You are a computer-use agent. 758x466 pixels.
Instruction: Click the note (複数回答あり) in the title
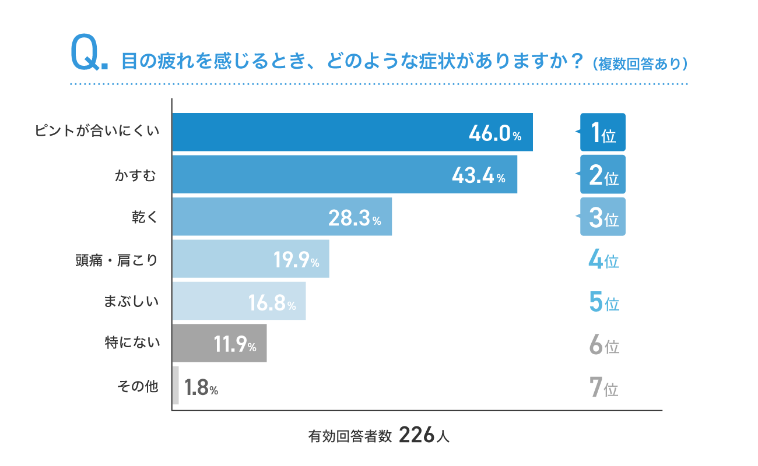640,63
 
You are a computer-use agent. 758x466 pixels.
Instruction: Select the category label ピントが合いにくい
97,132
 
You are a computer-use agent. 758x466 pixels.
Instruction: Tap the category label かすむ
135,175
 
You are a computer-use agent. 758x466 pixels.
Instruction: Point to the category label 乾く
145,217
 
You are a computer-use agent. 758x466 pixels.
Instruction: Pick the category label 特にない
131,344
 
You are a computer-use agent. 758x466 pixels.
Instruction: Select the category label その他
138,386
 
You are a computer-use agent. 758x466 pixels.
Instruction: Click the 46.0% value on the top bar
494,133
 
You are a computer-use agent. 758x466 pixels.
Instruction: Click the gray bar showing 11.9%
219,343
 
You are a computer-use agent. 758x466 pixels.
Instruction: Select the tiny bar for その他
176,386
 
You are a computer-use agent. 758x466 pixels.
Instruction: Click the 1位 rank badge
602,132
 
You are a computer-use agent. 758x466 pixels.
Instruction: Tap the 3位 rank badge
602,217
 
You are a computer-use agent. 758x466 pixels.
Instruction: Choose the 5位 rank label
603,303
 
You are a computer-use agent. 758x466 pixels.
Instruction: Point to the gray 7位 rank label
603,387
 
